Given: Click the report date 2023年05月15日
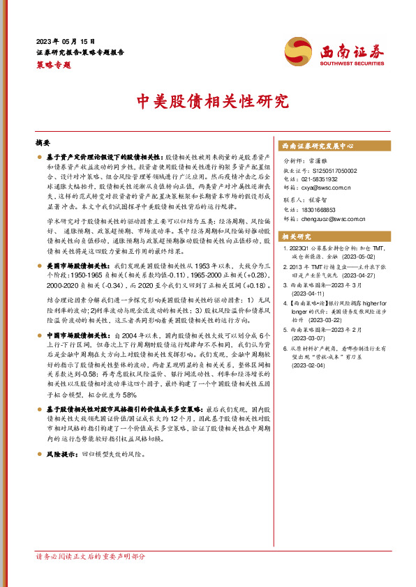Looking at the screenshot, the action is tap(65, 41).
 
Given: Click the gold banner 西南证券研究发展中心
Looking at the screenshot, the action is tap(318, 146).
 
